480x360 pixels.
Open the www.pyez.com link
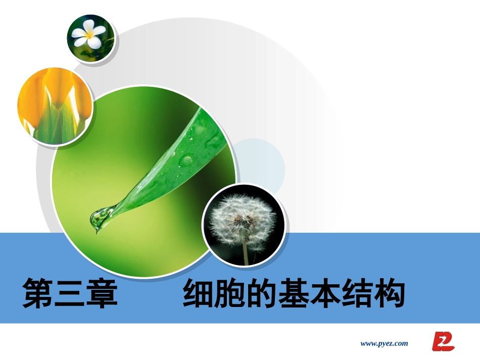[x=384, y=343]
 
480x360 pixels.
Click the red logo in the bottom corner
[x=443, y=342]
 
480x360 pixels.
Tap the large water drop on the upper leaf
[x=186, y=161]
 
